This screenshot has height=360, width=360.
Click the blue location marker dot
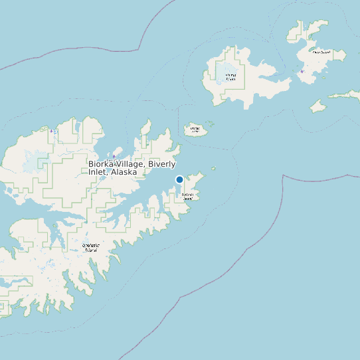coord(179,179)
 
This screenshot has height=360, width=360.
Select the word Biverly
coord(162,163)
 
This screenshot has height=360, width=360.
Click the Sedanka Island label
coord(188,197)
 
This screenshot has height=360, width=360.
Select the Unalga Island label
coord(195,129)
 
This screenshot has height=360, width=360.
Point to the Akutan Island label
coord(230,76)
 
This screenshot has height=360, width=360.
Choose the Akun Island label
coord(321,52)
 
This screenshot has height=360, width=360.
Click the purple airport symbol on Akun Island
coord(302,71)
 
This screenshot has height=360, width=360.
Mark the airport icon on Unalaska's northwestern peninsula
coord(54,132)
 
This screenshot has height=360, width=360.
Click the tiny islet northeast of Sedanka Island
coord(213,169)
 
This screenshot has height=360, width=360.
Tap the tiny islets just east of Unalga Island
coord(210,123)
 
